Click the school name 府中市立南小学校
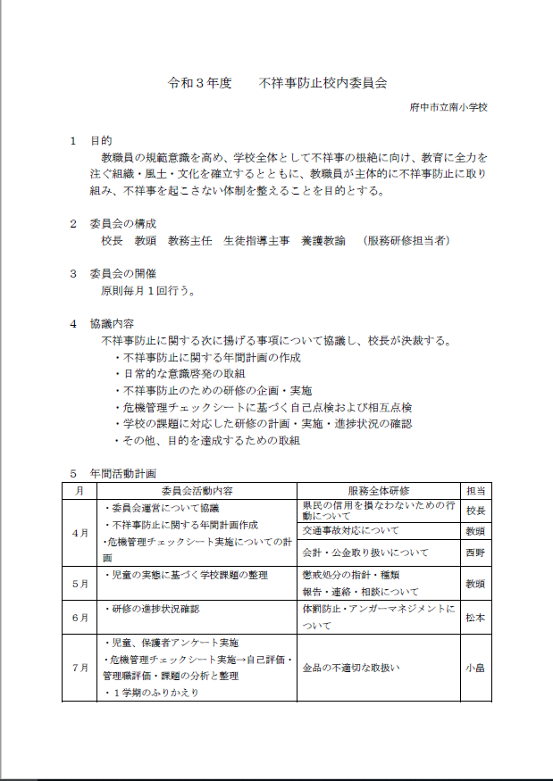(x=448, y=108)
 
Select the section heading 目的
(x=101, y=141)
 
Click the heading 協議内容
(x=113, y=323)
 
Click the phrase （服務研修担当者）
(x=407, y=240)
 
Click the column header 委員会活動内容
(x=197, y=491)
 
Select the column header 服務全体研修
(x=378, y=491)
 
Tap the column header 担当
(x=475, y=491)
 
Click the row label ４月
(x=80, y=533)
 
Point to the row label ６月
(x=80, y=616)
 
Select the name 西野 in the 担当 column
(x=475, y=553)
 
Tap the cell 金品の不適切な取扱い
(x=351, y=667)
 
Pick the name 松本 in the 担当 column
(x=475, y=616)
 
